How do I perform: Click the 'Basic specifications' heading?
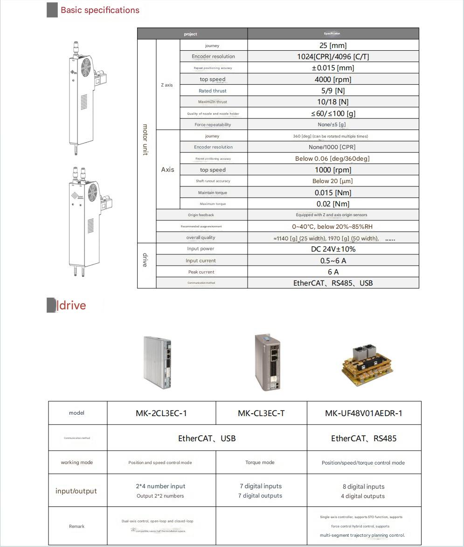click(100, 10)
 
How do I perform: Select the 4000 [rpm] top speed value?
click(333, 79)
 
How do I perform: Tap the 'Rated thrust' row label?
click(213, 91)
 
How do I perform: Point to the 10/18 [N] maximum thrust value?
click(333, 102)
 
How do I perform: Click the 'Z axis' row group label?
click(167, 85)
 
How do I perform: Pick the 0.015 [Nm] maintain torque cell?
click(333, 192)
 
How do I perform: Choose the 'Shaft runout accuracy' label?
click(213, 181)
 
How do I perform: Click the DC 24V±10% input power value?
click(333, 249)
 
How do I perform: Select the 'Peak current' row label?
click(201, 272)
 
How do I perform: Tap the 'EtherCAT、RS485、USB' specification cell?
click(333, 283)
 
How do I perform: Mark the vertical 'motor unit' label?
click(145, 140)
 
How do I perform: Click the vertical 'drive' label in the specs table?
click(145, 260)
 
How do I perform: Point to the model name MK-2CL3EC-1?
click(161, 413)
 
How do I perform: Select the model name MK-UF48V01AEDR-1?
click(364, 413)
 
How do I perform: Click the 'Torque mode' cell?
click(260, 463)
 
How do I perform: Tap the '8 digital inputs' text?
click(364, 486)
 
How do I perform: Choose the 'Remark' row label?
click(77, 526)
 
